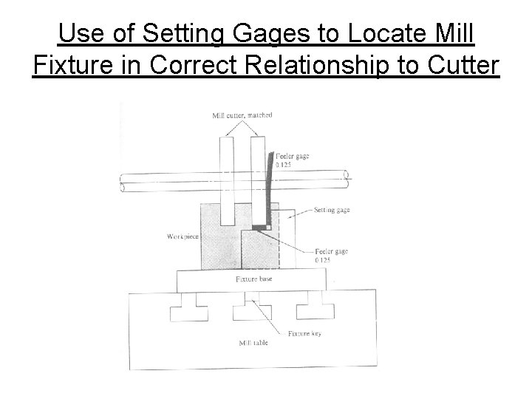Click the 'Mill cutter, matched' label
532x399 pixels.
pyautogui.click(x=242, y=115)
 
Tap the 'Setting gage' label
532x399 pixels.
pyautogui.click(x=332, y=210)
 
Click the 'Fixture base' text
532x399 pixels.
pyautogui.click(x=251, y=280)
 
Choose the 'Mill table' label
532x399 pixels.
pyautogui.click(x=253, y=344)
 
